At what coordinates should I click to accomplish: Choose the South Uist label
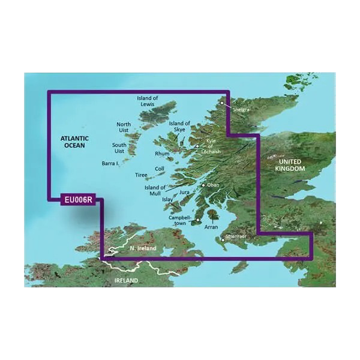[122, 148]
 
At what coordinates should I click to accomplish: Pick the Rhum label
[163, 154]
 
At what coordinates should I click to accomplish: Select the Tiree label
[140, 175]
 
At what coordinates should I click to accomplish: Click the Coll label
[160, 169]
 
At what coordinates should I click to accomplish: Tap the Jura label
[184, 193]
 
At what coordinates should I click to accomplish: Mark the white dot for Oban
[204, 185]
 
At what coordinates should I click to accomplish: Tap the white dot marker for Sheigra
[222, 103]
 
